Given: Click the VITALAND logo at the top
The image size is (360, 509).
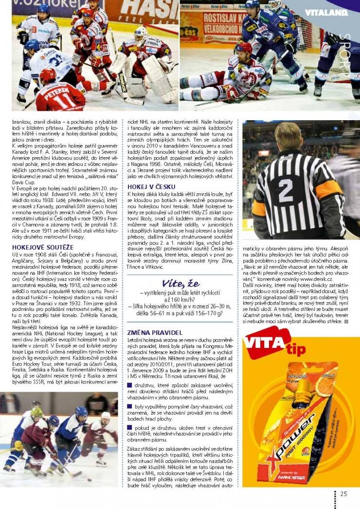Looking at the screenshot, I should tap(326, 12).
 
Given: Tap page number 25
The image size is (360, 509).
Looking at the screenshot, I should tap(344, 494).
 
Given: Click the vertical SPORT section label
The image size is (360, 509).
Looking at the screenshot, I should tap(344, 54).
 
